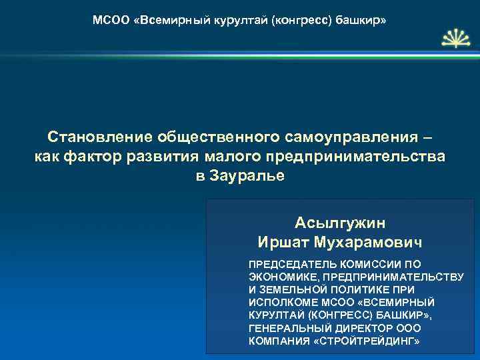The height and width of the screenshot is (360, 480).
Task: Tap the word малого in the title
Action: tap(231, 157)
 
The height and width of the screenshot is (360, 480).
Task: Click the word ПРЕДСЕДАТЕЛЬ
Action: tap(287, 264)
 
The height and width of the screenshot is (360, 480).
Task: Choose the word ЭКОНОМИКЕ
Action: tap(281, 277)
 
